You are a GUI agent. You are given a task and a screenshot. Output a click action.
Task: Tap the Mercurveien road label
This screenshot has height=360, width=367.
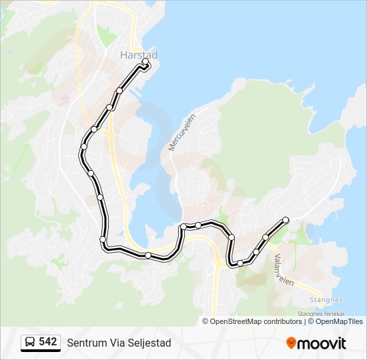click(x=181, y=131)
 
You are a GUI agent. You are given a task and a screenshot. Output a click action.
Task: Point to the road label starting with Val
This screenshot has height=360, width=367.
click(x=283, y=268)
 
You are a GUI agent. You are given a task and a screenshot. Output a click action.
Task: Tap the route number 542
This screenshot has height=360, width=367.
click(x=47, y=342)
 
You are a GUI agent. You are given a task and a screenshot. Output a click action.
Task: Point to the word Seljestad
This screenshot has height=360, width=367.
click(x=149, y=343)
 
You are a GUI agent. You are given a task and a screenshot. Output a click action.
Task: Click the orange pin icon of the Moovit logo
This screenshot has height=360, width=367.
click(x=291, y=343)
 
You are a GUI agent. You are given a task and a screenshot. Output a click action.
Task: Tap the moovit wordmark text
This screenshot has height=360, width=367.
click(x=322, y=343)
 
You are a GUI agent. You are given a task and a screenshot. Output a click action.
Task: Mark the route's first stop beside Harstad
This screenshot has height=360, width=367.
click(x=145, y=62)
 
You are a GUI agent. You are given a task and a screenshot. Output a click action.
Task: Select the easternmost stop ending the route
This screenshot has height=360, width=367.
click(x=286, y=219)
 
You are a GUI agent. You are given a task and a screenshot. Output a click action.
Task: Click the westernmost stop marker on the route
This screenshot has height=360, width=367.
click(x=84, y=146)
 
